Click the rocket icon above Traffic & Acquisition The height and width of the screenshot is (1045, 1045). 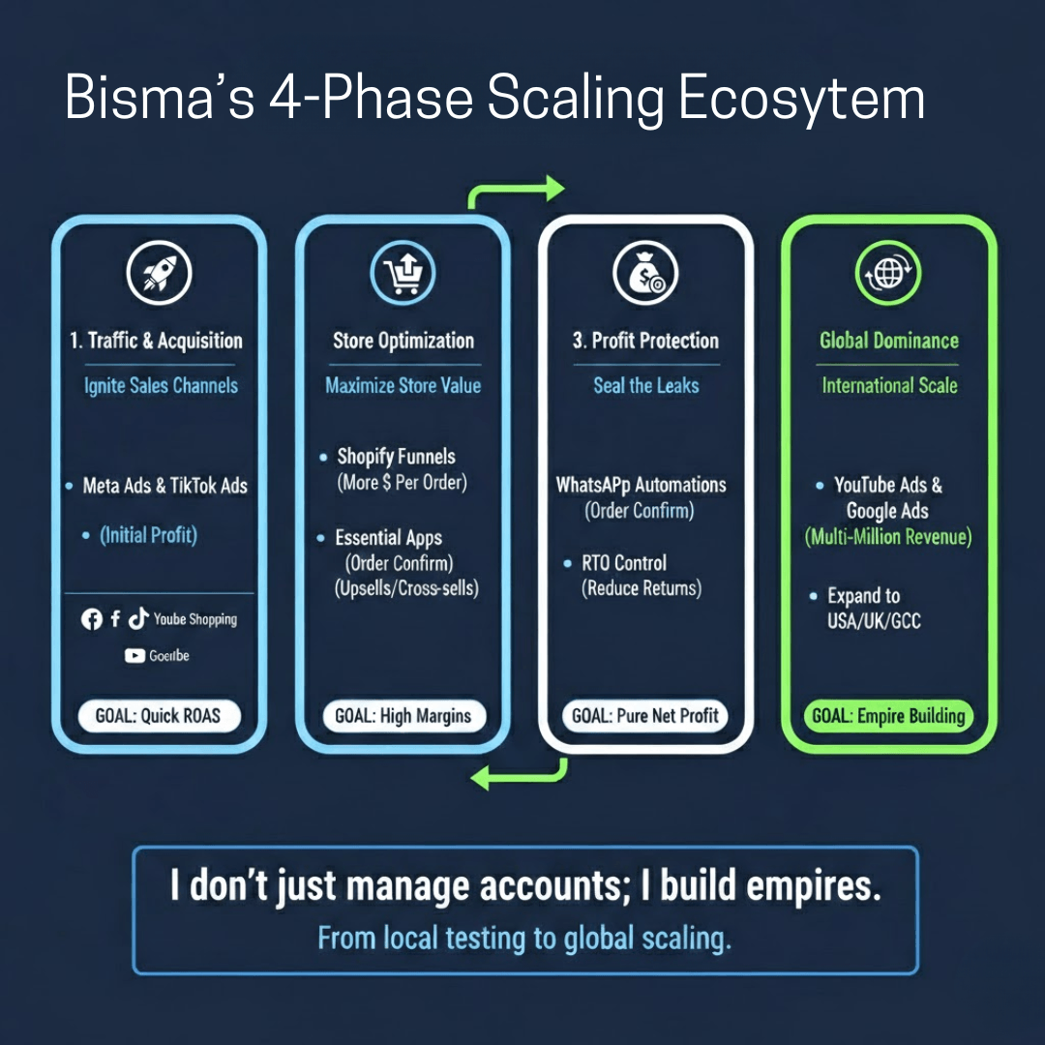(160, 274)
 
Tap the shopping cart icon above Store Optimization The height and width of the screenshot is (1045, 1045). (403, 274)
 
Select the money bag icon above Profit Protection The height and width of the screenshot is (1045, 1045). (644, 274)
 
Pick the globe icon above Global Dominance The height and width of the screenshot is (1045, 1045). (888, 274)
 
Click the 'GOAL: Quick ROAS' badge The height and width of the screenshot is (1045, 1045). (158, 717)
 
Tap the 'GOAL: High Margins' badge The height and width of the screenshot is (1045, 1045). (403, 717)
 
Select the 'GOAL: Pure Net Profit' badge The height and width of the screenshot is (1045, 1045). (644, 717)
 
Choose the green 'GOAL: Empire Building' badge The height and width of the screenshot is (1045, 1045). (888, 717)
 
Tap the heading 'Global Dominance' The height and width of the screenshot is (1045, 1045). (888, 341)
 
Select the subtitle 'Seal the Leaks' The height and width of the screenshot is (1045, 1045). (645, 385)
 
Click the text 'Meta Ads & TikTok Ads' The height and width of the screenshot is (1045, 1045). (164, 486)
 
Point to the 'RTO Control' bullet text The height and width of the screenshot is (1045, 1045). (623, 563)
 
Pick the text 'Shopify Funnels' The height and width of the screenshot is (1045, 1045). (395, 457)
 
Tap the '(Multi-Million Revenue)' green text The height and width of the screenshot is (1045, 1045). (888, 537)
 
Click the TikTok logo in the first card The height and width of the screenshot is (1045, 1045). (138, 619)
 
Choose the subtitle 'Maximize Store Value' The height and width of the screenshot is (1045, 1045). (403, 385)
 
